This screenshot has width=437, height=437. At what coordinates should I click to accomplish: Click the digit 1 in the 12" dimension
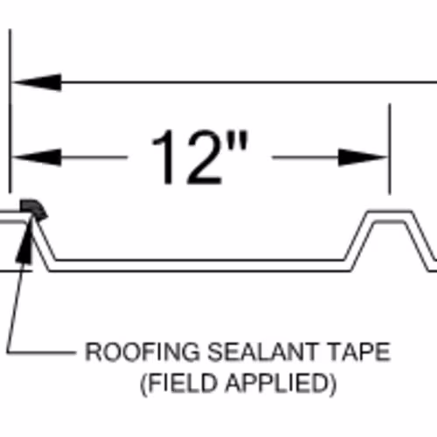[x=164, y=157]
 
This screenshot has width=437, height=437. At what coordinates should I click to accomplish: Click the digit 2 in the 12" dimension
[x=204, y=157]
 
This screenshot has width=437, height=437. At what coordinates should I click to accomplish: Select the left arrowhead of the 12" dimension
[x=37, y=157]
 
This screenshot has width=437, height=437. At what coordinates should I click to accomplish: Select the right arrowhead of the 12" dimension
[x=363, y=157]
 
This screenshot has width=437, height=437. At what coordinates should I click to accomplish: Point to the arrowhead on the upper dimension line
[x=37, y=82]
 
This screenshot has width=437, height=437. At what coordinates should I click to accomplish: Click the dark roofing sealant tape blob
[x=33, y=208]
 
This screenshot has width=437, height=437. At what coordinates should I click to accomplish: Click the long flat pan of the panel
[x=200, y=265]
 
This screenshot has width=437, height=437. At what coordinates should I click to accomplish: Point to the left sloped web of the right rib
[x=359, y=240]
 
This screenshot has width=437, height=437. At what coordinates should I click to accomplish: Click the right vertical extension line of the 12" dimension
[x=390, y=149]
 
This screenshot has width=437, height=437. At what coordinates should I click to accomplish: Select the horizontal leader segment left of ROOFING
[x=41, y=353]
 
